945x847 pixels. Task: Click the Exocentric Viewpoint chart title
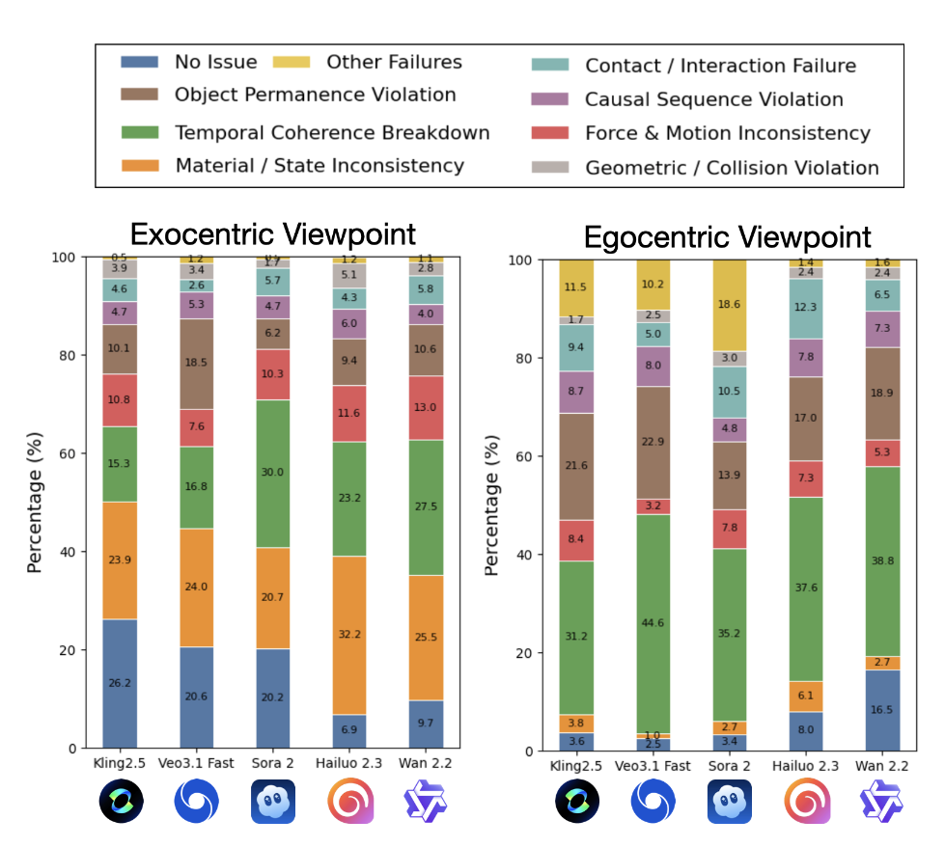tap(273, 234)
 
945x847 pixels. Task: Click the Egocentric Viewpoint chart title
tap(729, 236)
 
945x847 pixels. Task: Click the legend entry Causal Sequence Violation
tap(713, 99)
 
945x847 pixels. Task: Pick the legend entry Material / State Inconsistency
tap(320, 166)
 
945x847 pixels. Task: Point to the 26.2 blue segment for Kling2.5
tap(120, 683)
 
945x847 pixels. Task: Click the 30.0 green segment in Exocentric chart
tap(274, 473)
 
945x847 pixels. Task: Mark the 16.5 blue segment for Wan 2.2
tap(882, 710)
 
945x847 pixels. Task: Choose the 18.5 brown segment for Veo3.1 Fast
tap(197, 364)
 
